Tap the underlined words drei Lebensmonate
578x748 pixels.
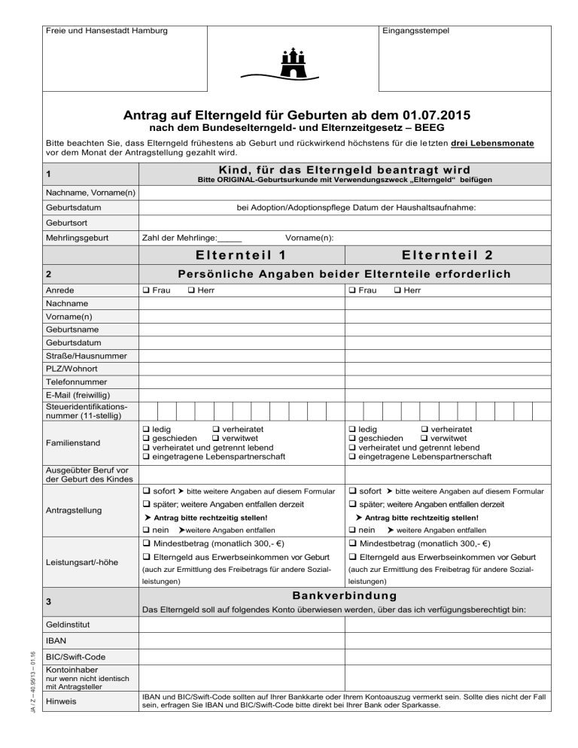[x=494, y=142]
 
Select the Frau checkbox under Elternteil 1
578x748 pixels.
[x=145, y=290]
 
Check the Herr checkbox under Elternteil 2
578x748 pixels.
[x=397, y=290]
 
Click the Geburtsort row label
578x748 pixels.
[x=68, y=222]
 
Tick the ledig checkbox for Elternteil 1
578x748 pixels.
[x=145, y=428]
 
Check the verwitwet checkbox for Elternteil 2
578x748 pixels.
[x=424, y=438]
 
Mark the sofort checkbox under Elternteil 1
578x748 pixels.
[x=145, y=491]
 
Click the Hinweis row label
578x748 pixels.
[x=62, y=702]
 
